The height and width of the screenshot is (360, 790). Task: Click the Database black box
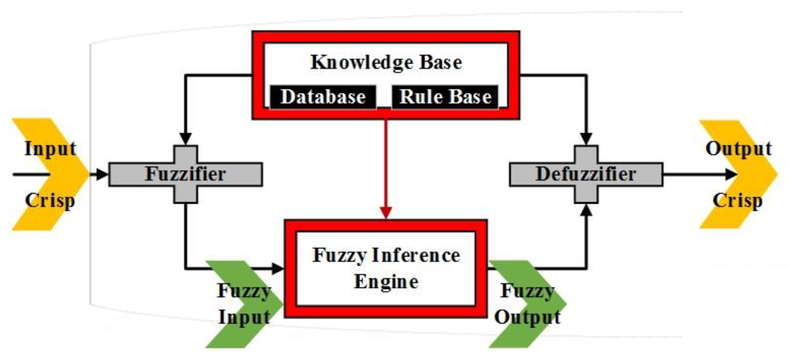click(323, 97)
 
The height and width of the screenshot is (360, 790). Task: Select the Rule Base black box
click(445, 97)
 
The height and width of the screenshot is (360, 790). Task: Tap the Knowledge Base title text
click(386, 62)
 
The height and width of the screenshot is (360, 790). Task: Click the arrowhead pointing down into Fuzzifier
click(185, 138)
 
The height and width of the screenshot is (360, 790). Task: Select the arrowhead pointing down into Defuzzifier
click(586, 138)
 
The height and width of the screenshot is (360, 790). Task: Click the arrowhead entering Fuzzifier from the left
click(102, 175)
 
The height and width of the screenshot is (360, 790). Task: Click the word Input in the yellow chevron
click(50, 149)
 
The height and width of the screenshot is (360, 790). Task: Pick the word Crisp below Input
click(50, 201)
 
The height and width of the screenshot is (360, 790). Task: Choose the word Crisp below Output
click(737, 201)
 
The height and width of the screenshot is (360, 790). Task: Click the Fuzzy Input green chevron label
click(244, 304)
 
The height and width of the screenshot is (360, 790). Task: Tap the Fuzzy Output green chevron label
click(528, 304)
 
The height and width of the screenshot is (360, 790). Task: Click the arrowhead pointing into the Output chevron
click(731, 175)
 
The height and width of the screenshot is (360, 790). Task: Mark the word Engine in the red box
click(386, 282)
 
